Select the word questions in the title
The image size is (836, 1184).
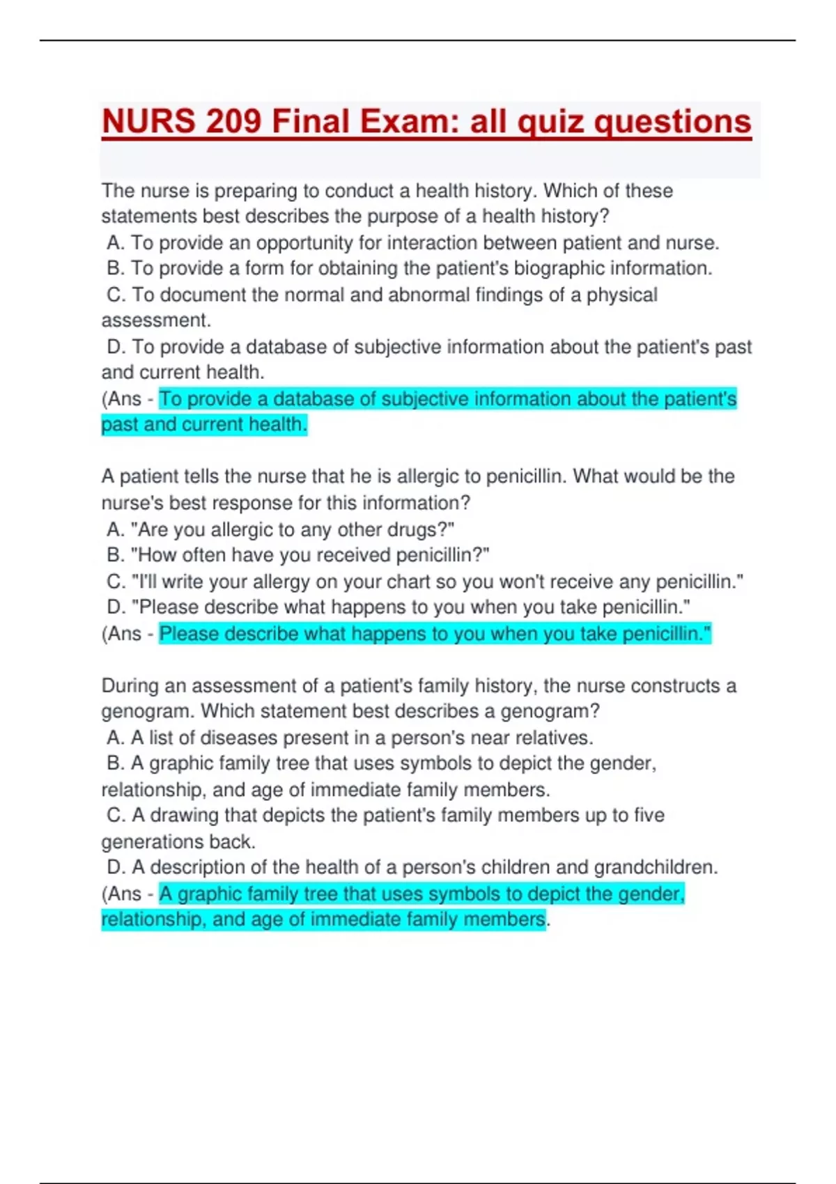coord(672,122)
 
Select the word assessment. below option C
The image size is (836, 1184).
coord(155,320)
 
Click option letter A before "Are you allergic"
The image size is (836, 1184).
coord(115,529)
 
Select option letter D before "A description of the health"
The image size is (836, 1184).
coord(115,867)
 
